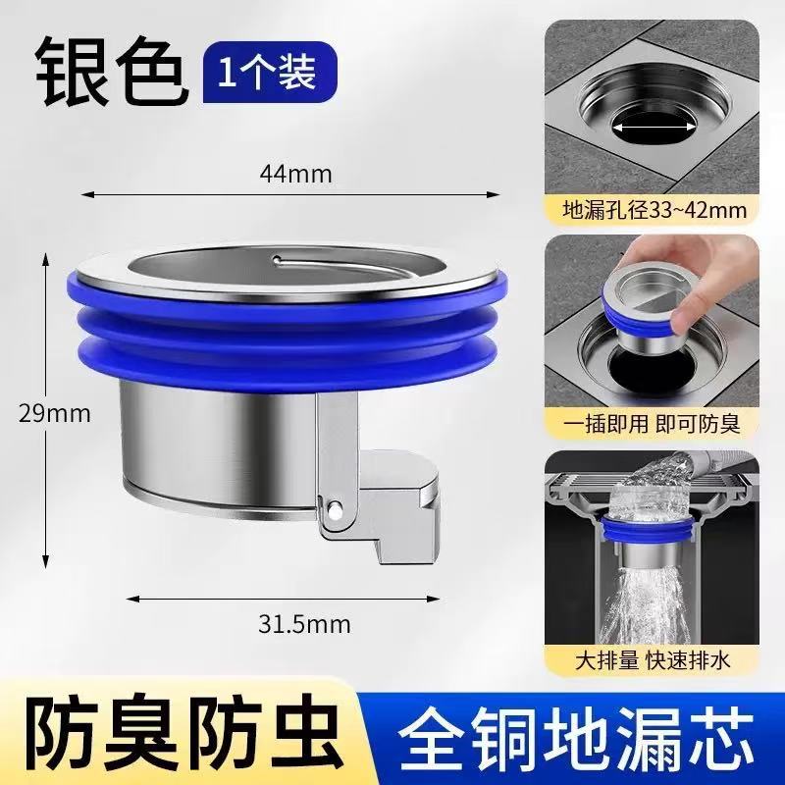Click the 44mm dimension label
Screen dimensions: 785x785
pos(295,174)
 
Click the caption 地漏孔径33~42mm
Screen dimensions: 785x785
pos(653,209)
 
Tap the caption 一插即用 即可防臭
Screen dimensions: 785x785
pos(653,425)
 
